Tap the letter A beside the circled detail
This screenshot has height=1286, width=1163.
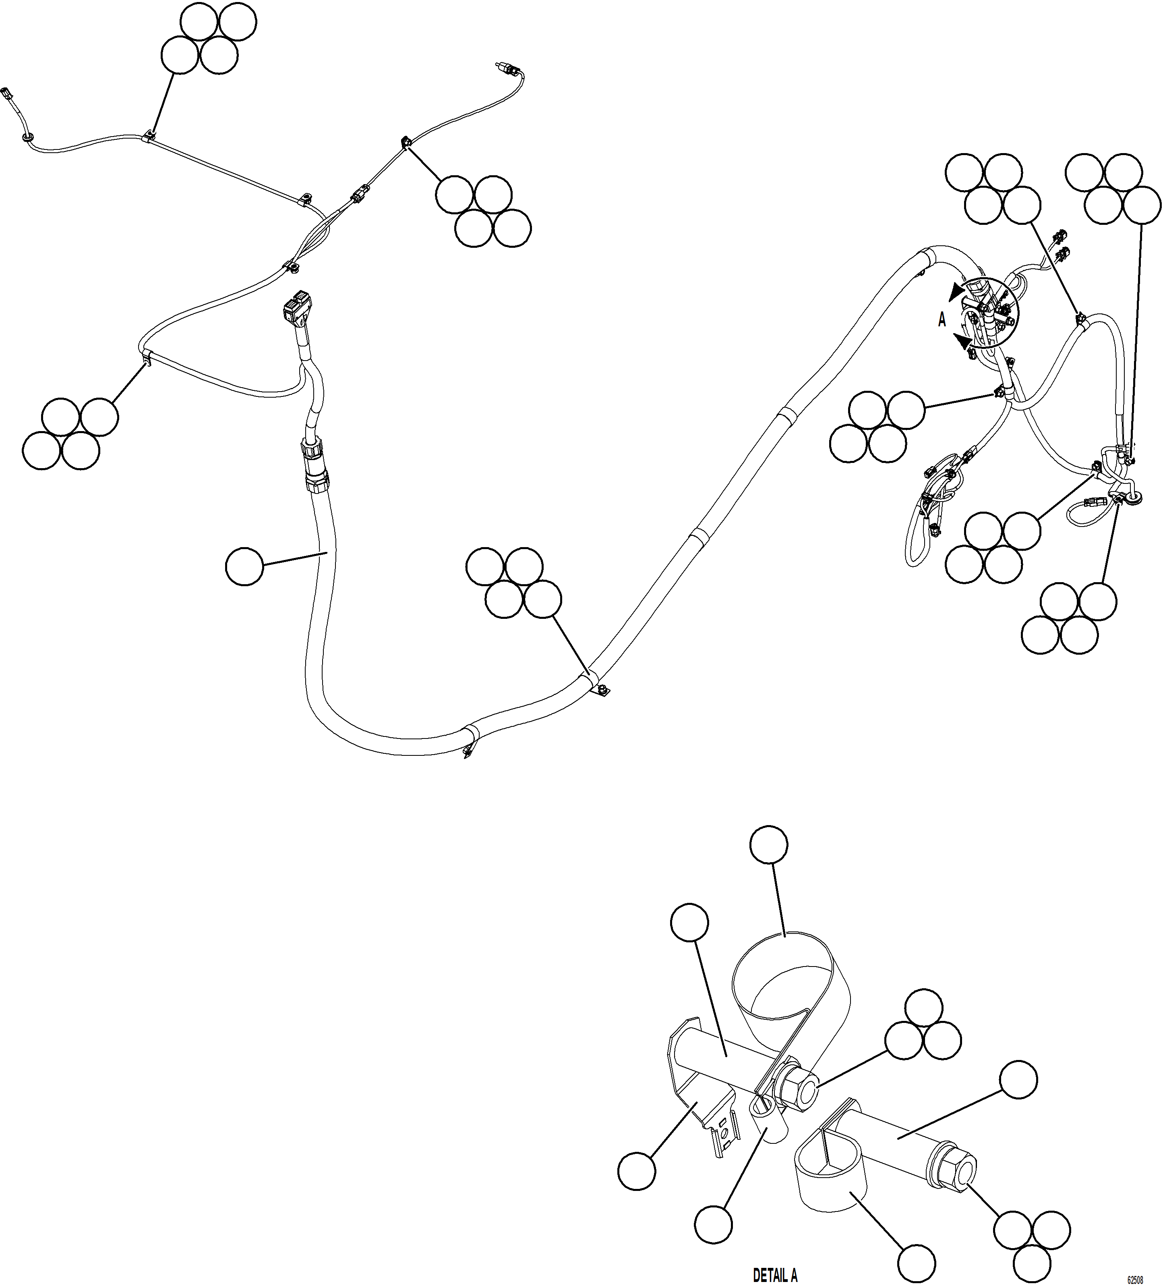coord(942,321)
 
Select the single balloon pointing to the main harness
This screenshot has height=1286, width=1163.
coord(244,566)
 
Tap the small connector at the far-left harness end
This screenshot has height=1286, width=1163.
coord(8,93)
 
